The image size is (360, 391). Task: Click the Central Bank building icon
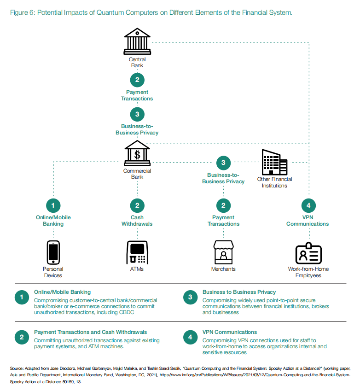point(137,42)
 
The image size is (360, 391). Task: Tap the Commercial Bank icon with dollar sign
point(137,153)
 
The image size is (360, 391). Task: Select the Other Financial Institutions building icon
point(274,162)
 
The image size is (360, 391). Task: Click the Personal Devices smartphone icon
point(53,252)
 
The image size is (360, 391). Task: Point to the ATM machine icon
point(137,252)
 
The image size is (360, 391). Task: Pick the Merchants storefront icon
point(223,252)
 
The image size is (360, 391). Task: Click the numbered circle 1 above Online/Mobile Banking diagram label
point(53,205)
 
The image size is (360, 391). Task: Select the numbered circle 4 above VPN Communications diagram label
point(308,205)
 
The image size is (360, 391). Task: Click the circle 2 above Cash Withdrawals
point(137,205)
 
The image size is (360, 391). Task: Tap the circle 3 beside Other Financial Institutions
point(223,162)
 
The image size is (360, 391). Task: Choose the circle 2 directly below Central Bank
point(137,80)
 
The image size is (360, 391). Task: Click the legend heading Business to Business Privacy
point(239,292)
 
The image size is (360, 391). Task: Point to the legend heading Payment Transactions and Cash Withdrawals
point(91,332)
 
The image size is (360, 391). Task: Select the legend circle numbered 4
point(190,338)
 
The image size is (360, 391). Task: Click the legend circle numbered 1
point(22,298)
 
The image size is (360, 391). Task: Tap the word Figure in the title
point(18,12)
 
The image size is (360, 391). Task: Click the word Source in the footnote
point(16,369)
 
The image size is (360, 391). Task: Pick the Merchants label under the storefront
point(223,269)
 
